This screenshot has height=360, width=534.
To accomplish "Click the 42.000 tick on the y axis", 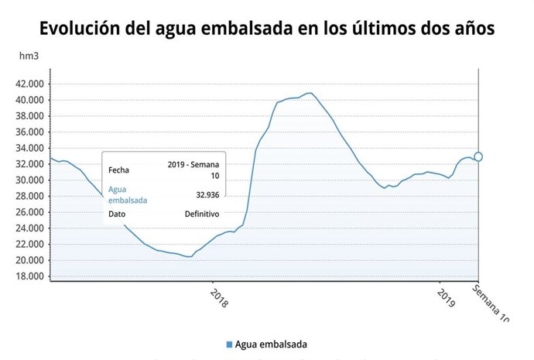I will tap(29, 84).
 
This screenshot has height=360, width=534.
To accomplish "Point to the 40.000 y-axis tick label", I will tap(29, 101).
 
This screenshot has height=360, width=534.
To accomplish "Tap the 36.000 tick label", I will tap(29, 132).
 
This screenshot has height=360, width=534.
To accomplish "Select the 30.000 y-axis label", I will tap(29, 180).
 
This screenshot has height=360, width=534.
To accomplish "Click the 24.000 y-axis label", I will tap(29, 228).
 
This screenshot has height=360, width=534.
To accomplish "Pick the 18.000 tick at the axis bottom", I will tap(29, 276).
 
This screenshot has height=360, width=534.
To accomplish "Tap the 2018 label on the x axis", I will tap(219, 299).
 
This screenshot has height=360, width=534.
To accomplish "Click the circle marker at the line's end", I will tap(478, 157).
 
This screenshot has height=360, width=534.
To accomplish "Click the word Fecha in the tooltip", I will tap(119, 170).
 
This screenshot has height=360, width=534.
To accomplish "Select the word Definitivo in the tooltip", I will tap(202, 214).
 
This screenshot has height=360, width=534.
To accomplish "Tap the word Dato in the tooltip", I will tap(117, 214).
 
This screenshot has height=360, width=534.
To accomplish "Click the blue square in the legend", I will tap(229, 344).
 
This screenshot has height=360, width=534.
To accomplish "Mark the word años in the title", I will tap(468, 29).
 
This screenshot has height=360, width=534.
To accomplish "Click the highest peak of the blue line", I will tap(310, 93).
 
